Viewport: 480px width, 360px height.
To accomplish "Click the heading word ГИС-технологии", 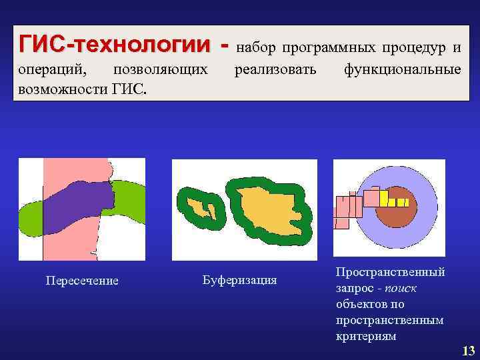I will (114, 45).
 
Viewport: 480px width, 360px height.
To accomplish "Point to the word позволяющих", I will (161, 70).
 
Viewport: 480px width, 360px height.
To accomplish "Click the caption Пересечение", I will (82, 281).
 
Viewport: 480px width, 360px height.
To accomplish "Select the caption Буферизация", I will (239, 279).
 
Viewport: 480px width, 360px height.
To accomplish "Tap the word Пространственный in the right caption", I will (391, 273).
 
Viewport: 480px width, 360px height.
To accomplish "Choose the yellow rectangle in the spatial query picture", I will (383, 197).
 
